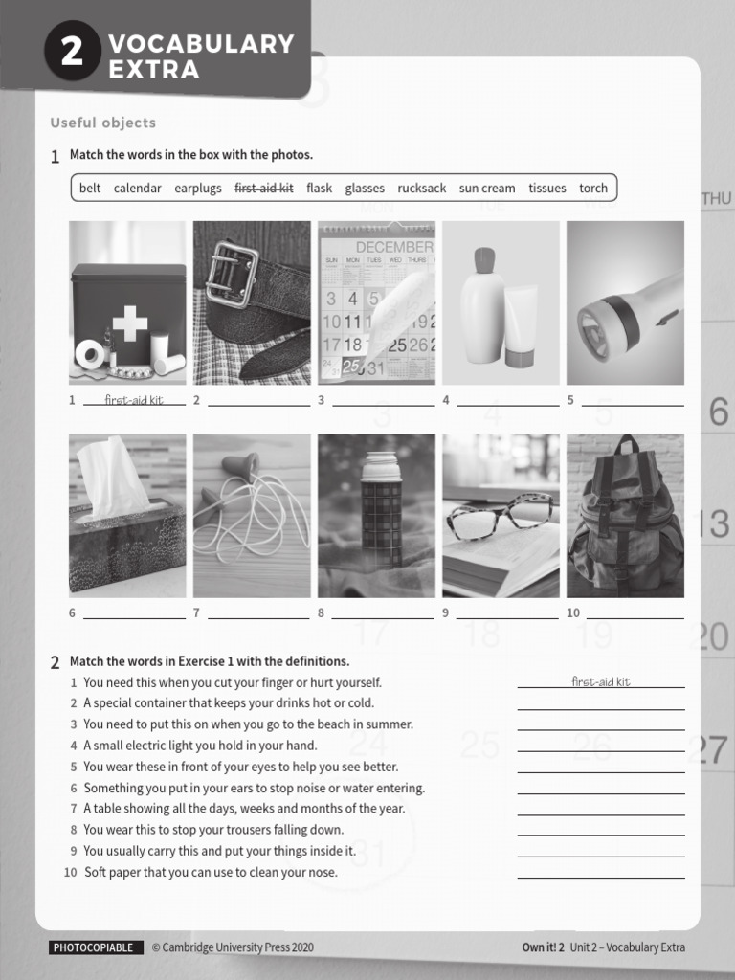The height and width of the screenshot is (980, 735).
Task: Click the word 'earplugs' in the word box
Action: [198, 189]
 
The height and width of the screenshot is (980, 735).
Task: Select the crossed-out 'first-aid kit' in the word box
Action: [264, 189]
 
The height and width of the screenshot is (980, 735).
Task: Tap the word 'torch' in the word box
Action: [593, 189]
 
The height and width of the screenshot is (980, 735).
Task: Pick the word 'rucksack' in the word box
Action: [422, 189]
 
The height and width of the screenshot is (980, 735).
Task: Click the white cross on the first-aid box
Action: [130, 323]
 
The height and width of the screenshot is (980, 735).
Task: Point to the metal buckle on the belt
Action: [232, 274]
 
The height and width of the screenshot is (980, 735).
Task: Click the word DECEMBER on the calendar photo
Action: [393, 246]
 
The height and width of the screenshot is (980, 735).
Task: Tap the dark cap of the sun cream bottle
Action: [484, 259]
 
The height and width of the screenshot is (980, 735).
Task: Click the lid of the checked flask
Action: [381, 465]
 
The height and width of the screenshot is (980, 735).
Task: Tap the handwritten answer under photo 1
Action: [134, 400]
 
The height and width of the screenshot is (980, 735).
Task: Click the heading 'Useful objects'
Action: [102, 122]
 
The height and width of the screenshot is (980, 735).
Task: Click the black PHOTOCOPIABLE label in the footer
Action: [93, 947]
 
